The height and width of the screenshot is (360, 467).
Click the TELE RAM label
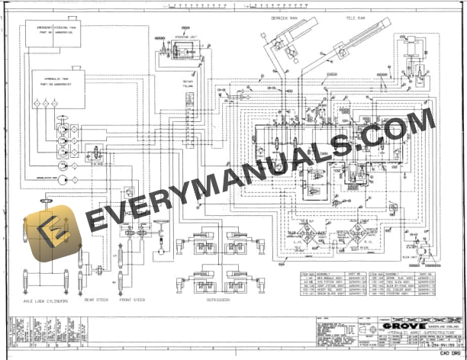(x=356, y=17)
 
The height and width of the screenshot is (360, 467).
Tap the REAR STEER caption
(x=95, y=301)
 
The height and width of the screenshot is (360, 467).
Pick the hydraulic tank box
(x=60, y=86)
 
